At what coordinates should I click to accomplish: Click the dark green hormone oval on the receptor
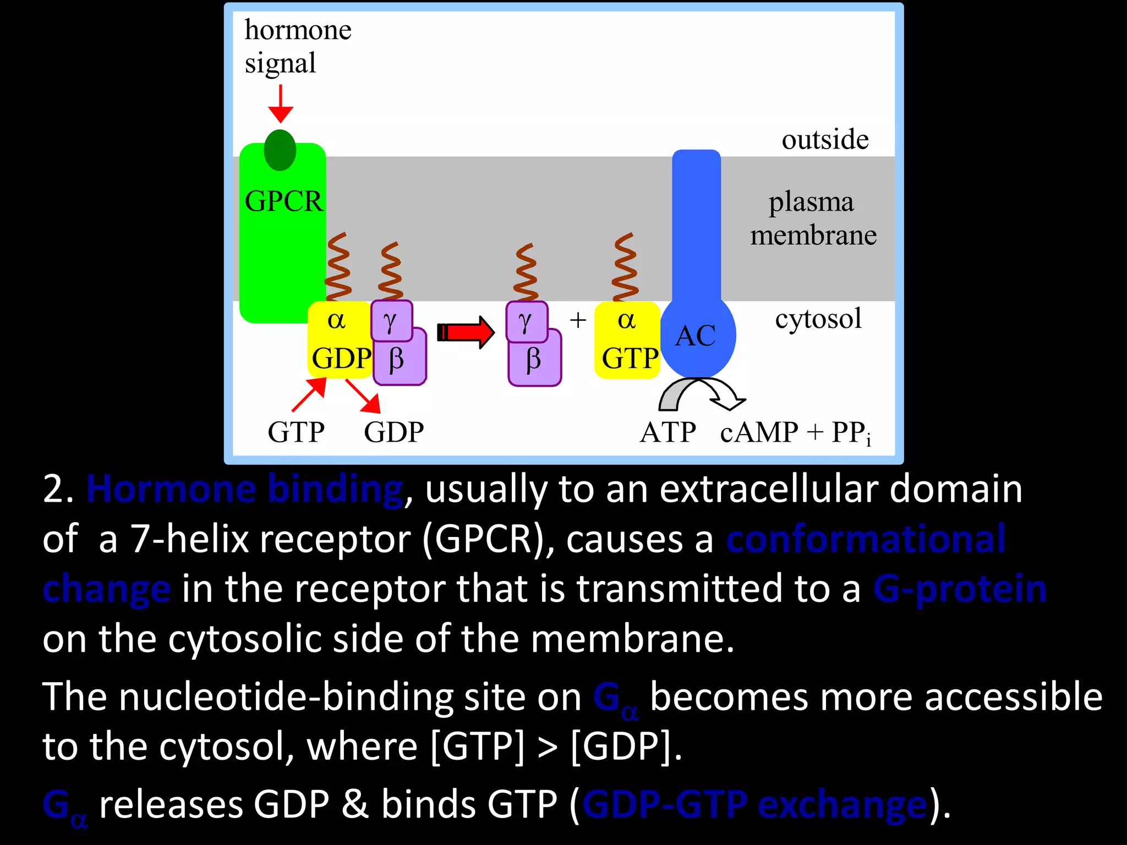[x=280, y=150]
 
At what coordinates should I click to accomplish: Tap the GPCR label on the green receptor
[x=283, y=201]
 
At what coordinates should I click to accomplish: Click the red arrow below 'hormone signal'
[x=281, y=104]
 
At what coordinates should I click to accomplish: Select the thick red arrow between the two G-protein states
[x=466, y=332]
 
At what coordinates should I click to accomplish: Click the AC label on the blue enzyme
[x=696, y=336]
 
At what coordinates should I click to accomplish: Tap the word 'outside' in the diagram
[x=825, y=139]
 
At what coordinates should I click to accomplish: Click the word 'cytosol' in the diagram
[x=818, y=319]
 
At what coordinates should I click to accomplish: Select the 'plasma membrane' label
[x=813, y=218]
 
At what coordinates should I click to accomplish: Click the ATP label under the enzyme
[x=668, y=432]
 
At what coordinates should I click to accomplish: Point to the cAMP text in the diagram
[x=759, y=432]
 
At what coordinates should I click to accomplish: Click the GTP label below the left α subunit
[x=296, y=432]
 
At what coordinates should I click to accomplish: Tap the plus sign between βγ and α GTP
[x=578, y=320]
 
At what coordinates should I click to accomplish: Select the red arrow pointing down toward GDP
[x=364, y=396]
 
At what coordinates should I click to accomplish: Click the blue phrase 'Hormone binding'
[x=245, y=489]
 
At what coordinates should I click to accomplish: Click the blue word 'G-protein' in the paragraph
[x=960, y=589]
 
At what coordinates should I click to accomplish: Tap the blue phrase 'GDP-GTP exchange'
[x=754, y=805]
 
